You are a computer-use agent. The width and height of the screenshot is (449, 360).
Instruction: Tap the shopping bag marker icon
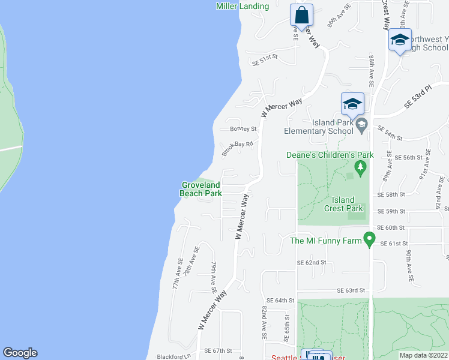point(302,14)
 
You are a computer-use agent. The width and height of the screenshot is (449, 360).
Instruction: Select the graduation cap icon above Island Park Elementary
point(352,104)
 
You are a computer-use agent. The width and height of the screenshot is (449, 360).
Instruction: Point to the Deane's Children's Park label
point(330,155)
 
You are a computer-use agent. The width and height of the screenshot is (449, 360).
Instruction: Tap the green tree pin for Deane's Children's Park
point(361,167)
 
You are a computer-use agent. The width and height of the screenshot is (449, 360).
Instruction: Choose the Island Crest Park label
point(347,204)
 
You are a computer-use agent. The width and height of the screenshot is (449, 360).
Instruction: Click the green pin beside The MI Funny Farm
point(370,241)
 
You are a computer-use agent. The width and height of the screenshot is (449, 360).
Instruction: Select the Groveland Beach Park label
point(200,189)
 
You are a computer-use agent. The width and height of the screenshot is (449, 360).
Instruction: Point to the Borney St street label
point(243,128)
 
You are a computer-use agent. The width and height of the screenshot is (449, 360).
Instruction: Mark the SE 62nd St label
point(312,263)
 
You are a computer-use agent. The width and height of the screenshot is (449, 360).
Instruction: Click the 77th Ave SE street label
point(176,274)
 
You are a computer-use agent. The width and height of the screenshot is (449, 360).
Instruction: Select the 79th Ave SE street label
point(213,275)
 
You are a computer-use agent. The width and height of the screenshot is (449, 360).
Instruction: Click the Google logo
point(20,353)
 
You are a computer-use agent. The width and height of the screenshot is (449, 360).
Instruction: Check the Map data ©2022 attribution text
point(423,355)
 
